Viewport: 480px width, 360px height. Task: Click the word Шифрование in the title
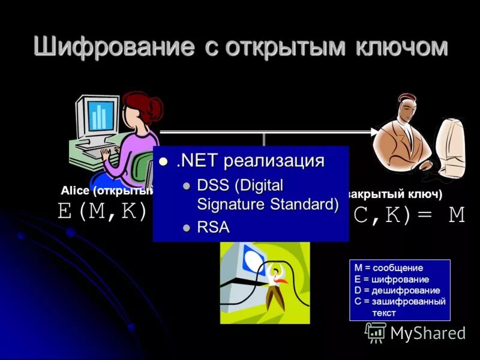click(114, 47)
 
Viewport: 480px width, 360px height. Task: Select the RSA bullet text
click(213, 227)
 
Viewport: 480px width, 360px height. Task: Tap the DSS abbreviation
click(211, 185)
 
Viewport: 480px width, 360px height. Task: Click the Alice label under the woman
click(74, 191)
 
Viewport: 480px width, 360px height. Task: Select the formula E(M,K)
click(102, 211)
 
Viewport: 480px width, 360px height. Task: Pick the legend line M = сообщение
click(388, 268)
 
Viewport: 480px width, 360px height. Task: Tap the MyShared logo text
click(427, 333)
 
